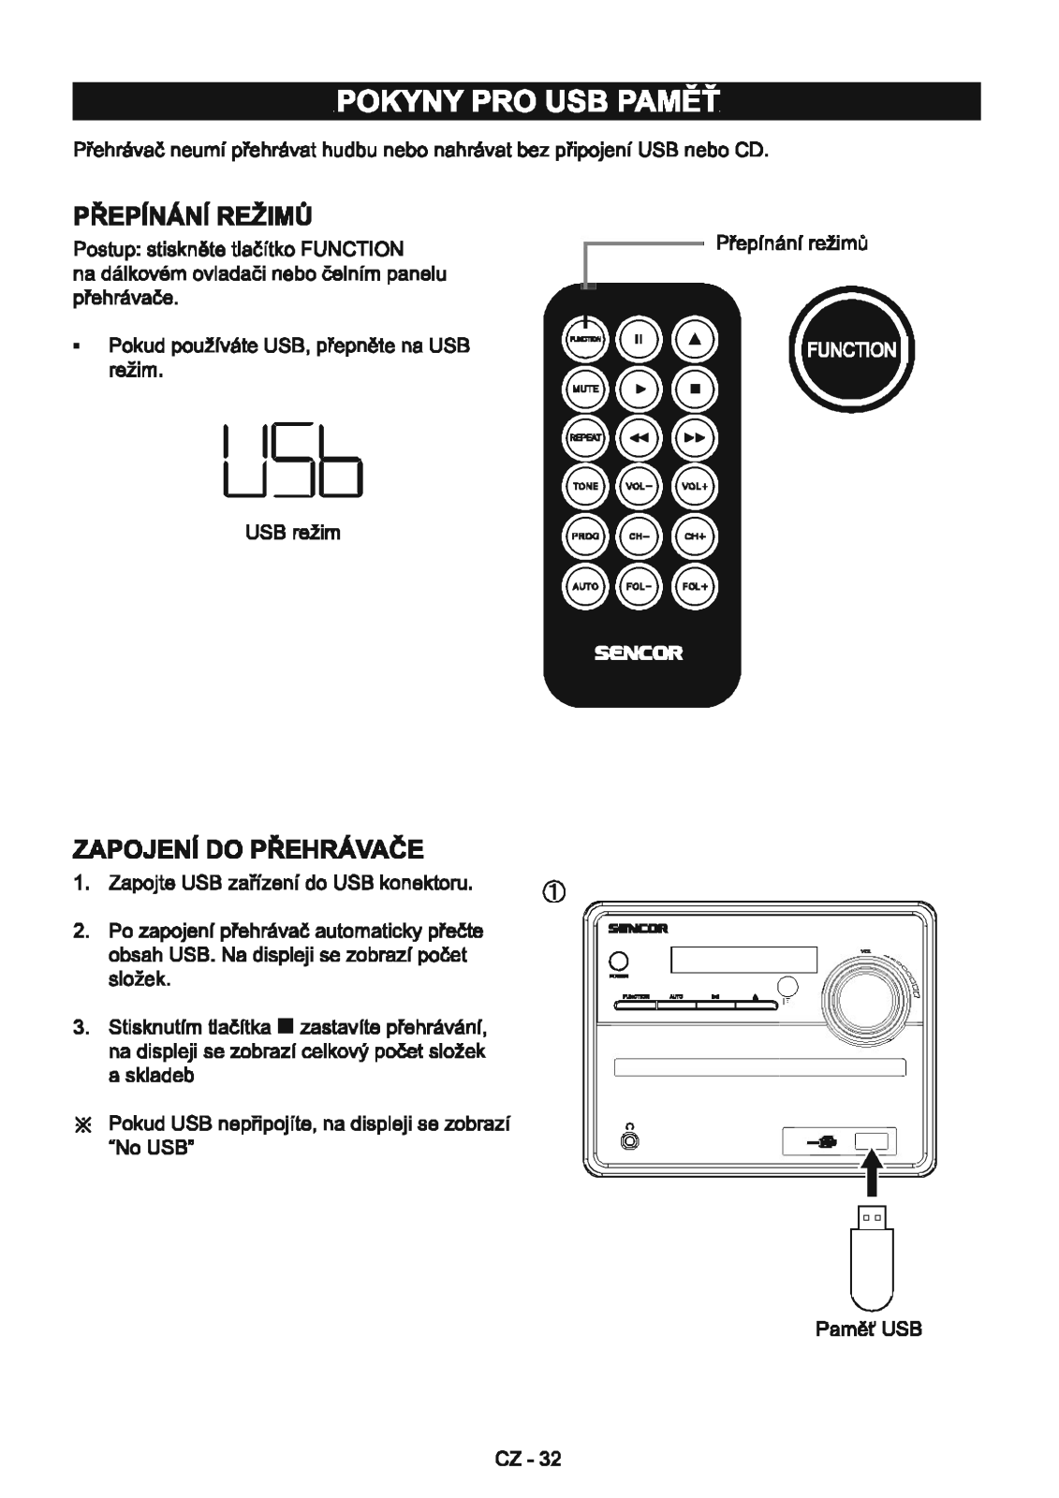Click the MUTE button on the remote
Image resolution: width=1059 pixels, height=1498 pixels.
pos(586,388)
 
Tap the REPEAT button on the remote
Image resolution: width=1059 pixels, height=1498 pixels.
pos(586,437)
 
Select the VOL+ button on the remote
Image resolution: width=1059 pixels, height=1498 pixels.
pos(696,487)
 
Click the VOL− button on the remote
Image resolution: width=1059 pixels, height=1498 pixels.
pos(640,487)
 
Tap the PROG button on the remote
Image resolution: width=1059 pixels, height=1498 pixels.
pos(586,536)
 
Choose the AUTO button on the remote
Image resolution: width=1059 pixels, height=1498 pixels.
pos(586,586)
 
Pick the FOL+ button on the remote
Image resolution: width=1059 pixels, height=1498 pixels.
pos(696,586)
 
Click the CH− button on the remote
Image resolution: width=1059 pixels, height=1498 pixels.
pos(640,536)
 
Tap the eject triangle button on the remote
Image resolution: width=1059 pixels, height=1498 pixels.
pos(696,338)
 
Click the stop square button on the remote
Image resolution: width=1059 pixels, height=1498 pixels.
pos(696,388)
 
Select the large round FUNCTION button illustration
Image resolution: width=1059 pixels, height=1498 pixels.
pos(847,350)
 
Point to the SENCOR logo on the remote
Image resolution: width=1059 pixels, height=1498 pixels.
pos(641,654)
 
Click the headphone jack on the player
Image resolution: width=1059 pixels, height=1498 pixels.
pos(631,1141)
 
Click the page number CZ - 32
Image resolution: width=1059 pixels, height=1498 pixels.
pos(529,1459)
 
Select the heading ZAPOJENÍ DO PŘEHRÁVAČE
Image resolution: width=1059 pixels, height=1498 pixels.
pos(248,849)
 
